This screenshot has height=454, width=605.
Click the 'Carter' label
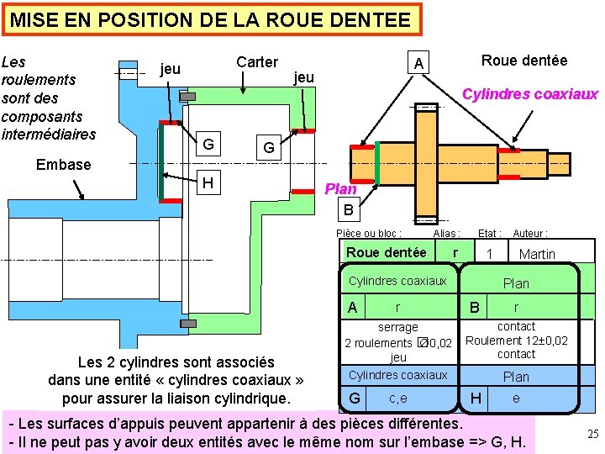tap(257, 61)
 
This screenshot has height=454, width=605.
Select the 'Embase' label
tap(63, 164)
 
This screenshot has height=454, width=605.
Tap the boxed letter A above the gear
tap(419, 64)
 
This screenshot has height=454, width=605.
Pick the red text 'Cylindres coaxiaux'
tap(530, 93)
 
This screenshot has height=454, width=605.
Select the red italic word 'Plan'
tap(341, 188)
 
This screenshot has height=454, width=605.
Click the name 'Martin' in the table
tap(537, 254)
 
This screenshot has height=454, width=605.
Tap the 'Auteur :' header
tap(530, 234)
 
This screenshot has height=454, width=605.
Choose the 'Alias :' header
tap(446, 234)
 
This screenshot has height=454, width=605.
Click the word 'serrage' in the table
tap(398, 327)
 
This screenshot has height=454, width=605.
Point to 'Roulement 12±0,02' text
tap(517, 340)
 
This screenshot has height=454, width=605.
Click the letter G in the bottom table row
tap(355, 398)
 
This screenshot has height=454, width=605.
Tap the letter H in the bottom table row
tap(476, 398)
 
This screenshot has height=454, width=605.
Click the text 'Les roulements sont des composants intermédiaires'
tap(49, 98)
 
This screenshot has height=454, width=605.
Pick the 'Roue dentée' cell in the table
tap(387, 252)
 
